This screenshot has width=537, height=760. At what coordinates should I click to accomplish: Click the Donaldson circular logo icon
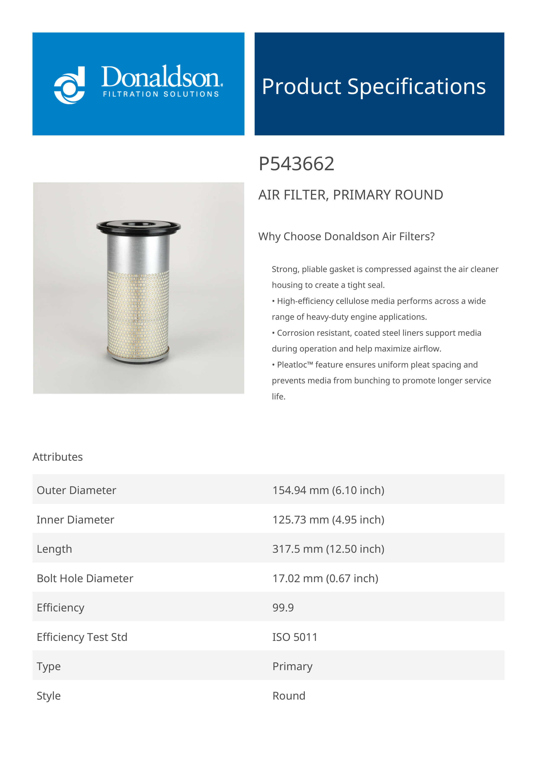click(70, 85)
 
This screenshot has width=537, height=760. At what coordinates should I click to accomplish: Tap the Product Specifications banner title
click(374, 86)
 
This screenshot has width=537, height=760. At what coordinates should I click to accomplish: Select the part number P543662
click(296, 164)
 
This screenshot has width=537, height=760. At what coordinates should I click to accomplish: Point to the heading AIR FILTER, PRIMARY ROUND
click(350, 195)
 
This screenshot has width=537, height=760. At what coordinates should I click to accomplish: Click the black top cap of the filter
click(138, 226)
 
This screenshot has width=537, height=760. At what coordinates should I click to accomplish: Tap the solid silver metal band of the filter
click(138, 252)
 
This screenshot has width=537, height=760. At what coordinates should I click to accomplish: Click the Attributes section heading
click(58, 457)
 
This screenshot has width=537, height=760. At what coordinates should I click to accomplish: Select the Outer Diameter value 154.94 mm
click(328, 490)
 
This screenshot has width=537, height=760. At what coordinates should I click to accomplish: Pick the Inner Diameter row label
click(75, 520)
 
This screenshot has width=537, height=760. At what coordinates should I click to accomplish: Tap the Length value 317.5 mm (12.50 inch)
click(328, 549)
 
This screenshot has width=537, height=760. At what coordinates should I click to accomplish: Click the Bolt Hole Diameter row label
click(85, 578)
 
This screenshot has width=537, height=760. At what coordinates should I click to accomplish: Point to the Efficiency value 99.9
click(283, 608)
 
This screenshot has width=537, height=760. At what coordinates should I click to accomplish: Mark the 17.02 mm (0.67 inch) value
click(325, 578)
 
